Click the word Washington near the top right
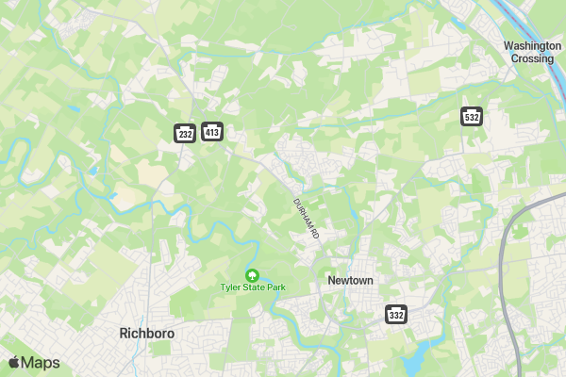pyautogui.click(x=532, y=45)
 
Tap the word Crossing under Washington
pyautogui.click(x=532, y=58)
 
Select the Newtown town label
pyautogui.click(x=350, y=281)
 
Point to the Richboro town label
pyautogui.click(x=147, y=333)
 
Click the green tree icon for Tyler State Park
pyautogui.click(x=252, y=274)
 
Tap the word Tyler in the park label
pyautogui.click(x=230, y=287)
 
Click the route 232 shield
pyautogui.click(x=185, y=134)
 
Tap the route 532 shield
pyautogui.click(x=472, y=116)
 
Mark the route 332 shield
pyautogui.click(x=396, y=314)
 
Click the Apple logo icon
pyautogui.click(x=14, y=363)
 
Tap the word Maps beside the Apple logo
pyautogui.click(x=41, y=363)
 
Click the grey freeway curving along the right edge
pyautogui.click(x=506, y=273)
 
